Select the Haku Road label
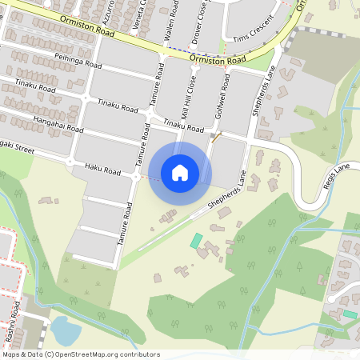coord(102,170)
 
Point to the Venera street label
coord(142,13)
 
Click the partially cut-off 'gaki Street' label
coord(17,146)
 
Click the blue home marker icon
coord(180,173)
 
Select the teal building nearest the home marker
coord(196,240)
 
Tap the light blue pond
coord(64,329)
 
